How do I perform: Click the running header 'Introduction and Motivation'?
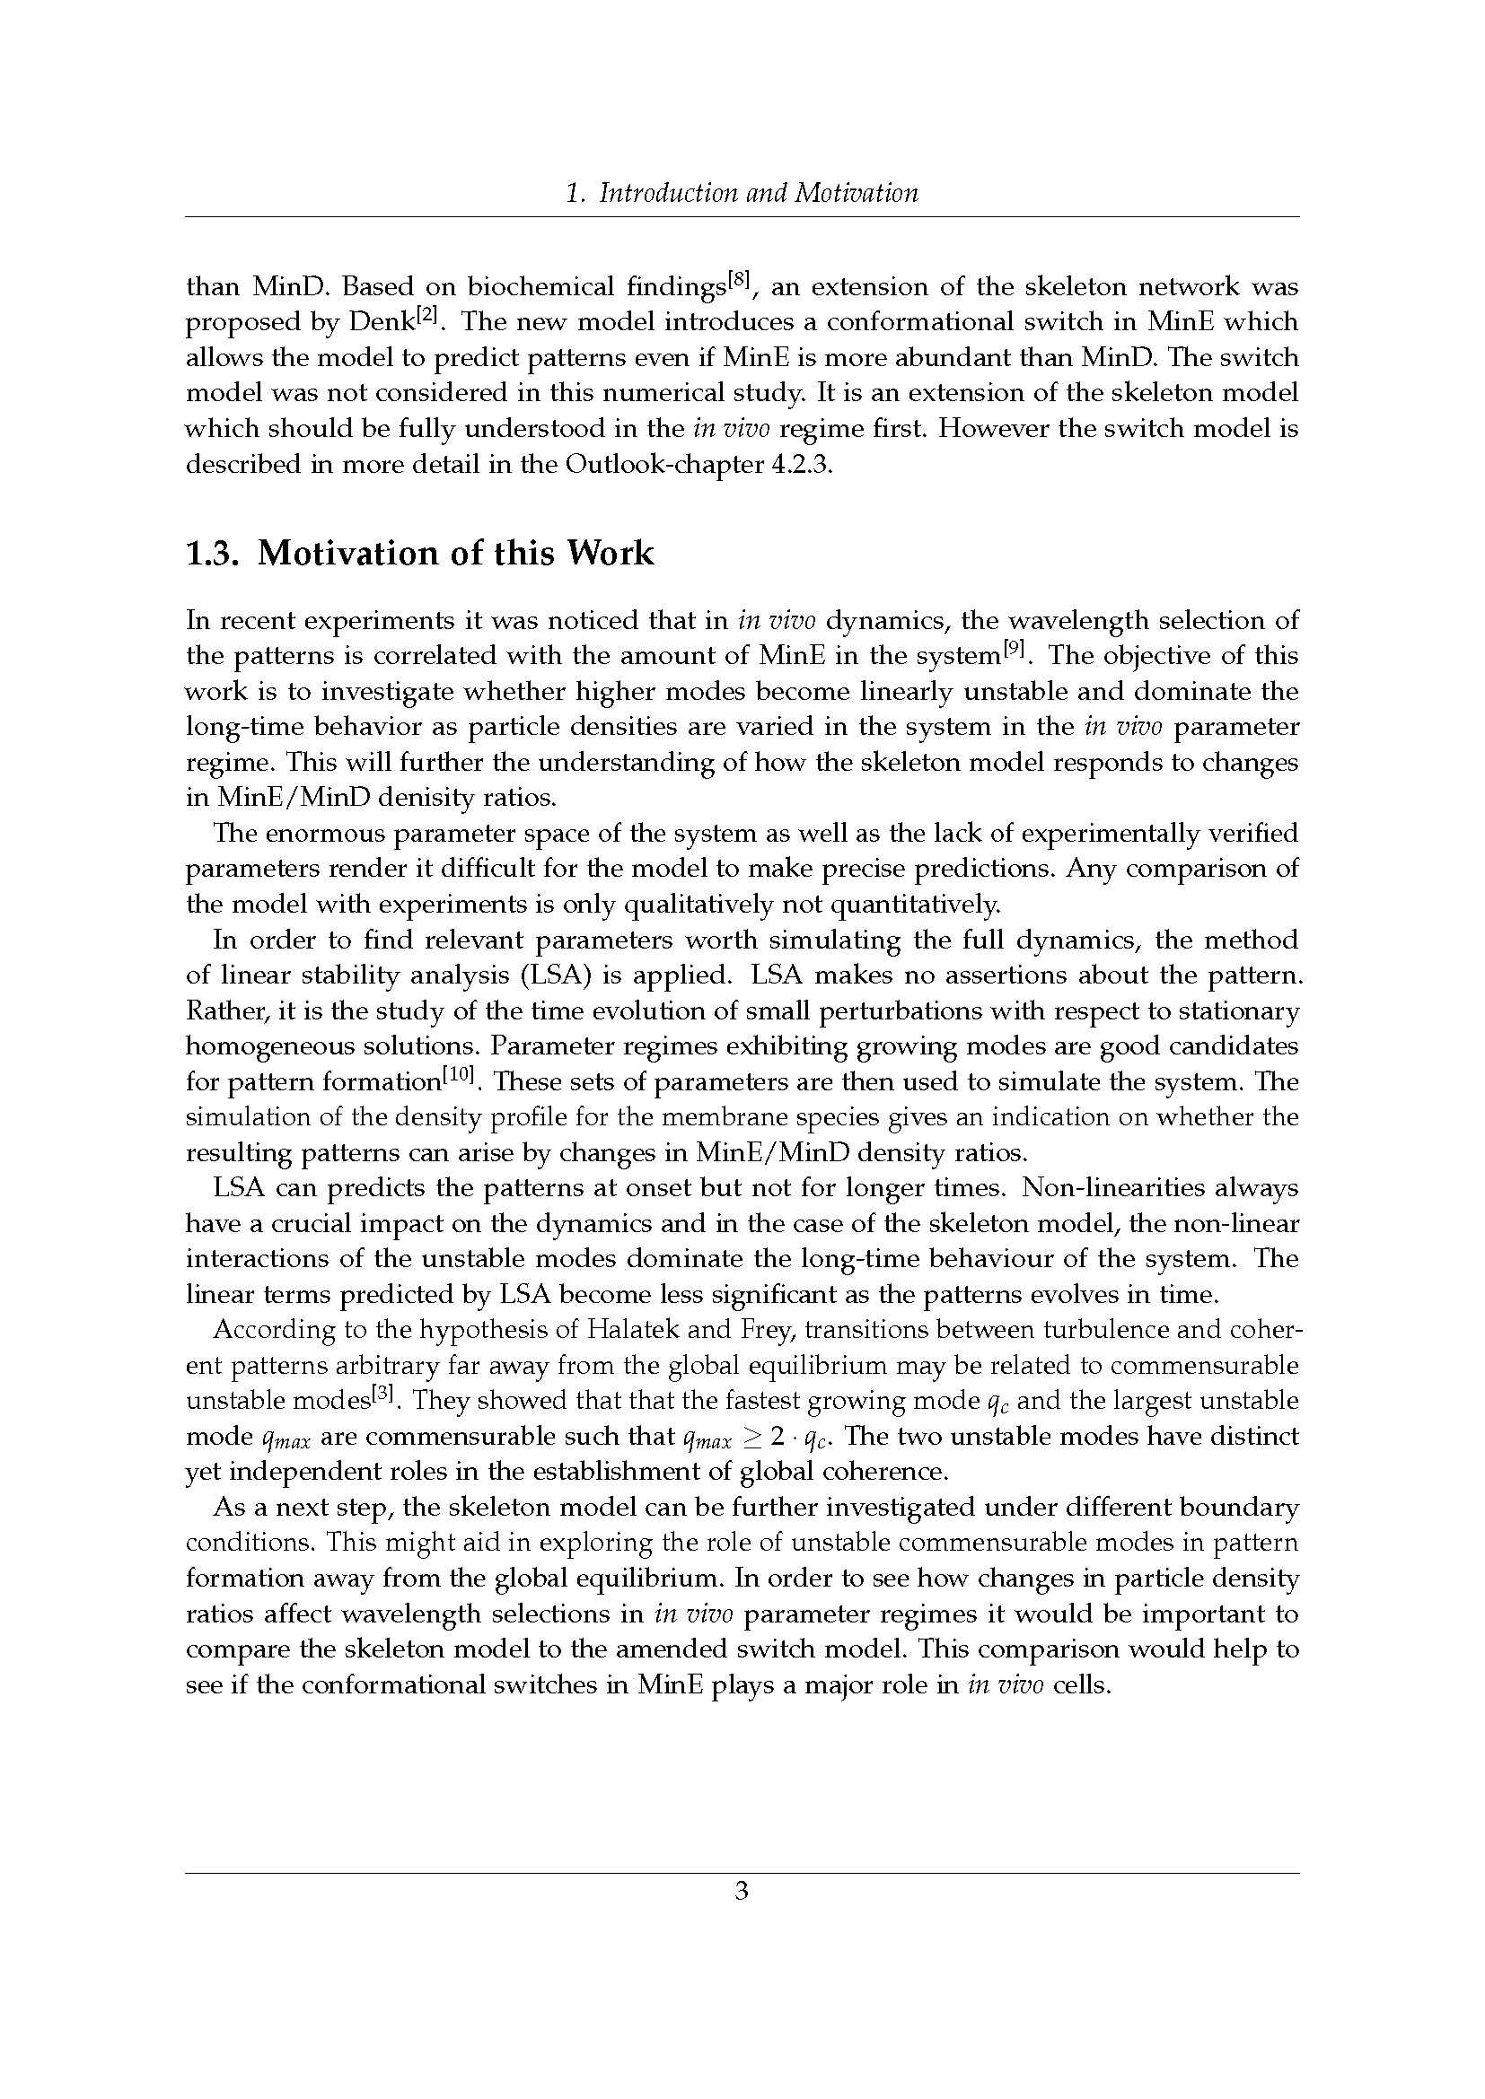click(757, 193)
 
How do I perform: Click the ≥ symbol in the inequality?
click(752, 1436)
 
